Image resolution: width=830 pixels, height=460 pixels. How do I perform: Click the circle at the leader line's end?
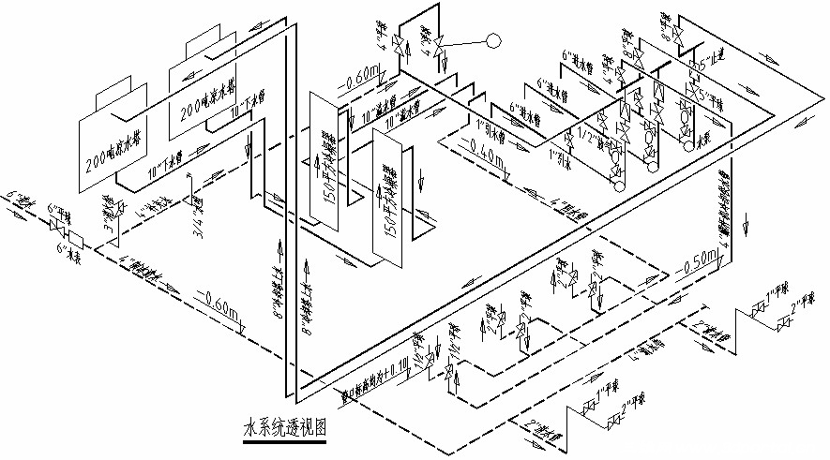click(494, 40)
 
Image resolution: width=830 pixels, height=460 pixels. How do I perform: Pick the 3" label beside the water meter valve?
click(108, 226)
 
